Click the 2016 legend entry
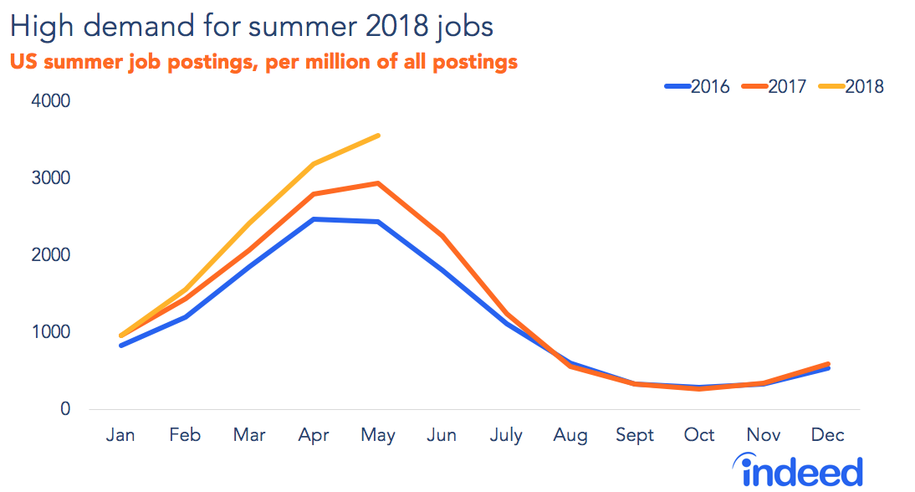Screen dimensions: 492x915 pyautogui.click(x=698, y=86)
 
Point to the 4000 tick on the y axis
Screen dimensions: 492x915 pyautogui.click(x=52, y=102)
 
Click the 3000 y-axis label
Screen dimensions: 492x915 pyautogui.click(x=52, y=179)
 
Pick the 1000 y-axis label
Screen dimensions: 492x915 pyautogui.click(x=52, y=333)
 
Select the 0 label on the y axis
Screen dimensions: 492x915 pyautogui.click(x=64, y=410)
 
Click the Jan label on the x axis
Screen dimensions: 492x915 pyautogui.click(x=122, y=435)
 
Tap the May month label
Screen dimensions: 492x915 pyautogui.click(x=378, y=435)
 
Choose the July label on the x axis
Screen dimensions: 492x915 pyautogui.click(x=506, y=435)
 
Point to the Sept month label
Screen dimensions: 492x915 pyautogui.click(x=635, y=435)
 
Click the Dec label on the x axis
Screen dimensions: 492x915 pyautogui.click(x=827, y=435)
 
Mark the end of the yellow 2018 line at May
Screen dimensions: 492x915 pyautogui.click(x=378, y=136)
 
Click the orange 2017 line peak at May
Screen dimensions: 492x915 pyautogui.click(x=378, y=183)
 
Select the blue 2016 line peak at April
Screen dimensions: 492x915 pyautogui.click(x=314, y=219)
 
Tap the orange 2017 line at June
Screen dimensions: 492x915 pyautogui.click(x=442, y=237)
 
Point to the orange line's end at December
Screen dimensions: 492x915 pyautogui.click(x=827, y=364)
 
